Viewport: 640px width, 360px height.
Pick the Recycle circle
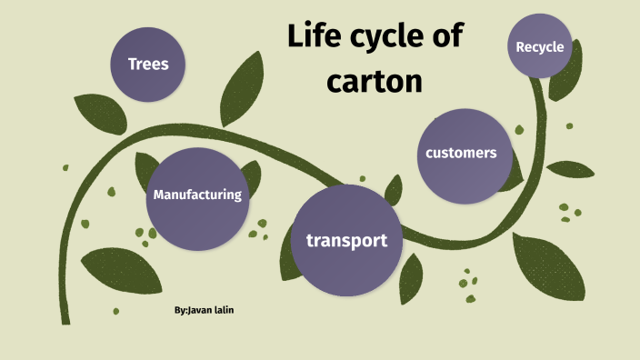pyautogui.click(x=539, y=46)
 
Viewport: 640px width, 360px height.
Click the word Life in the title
pyautogui.click(x=317, y=38)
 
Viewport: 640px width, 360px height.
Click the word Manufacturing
pyautogui.click(x=197, y=195)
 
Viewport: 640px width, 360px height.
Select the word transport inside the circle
pyautogui.click(x=346, y=241)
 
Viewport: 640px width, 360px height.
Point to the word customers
pyautogui.click(x=461, y=153)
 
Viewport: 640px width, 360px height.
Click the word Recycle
pyautogui.click(x=539, y=46)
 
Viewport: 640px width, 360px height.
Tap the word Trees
pyautogui.click(x=148, y=64)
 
